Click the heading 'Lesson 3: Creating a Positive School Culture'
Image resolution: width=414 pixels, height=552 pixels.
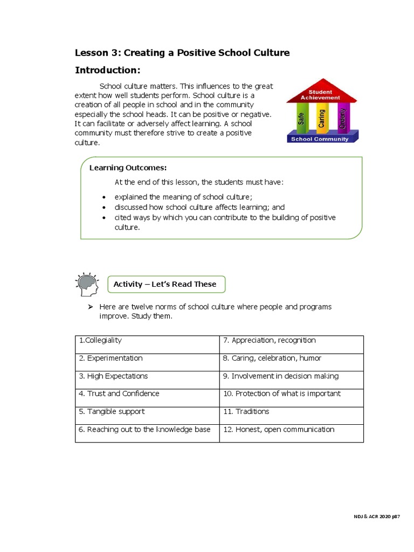182,53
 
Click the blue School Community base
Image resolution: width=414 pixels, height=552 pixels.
320,139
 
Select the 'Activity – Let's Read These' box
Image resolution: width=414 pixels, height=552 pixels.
165,284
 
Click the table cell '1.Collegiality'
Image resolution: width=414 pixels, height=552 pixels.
147,344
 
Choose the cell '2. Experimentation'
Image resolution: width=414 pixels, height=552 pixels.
147,362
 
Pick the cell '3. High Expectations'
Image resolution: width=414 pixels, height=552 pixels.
147,379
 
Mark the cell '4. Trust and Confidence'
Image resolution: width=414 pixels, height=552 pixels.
147,397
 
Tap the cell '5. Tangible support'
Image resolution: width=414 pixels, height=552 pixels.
147,415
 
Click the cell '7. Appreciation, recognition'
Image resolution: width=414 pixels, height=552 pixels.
291,344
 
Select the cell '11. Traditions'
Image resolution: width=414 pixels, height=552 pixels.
291,415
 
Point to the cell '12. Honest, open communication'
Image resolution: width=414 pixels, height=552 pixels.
291,433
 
